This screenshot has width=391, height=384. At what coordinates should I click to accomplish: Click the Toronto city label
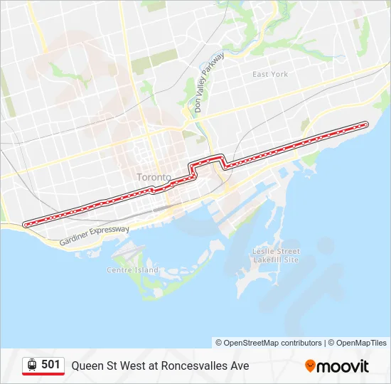pyautogui.click(x=154, y=176)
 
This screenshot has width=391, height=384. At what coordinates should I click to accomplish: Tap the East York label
pyautogui.click(x=270, y=74)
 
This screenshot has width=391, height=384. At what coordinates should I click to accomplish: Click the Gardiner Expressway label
pyautogui.click(x=95, y=235)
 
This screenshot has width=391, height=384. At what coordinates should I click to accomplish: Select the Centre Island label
pyautogui.click(x=132, y=270)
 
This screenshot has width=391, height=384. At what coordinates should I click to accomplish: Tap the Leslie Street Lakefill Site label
pyautogui.click(x=277, y=255)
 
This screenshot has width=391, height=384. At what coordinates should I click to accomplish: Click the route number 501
pyautogui.click(x=50, y=365)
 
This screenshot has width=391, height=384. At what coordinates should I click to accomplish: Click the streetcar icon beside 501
pyautogui.click(x=32, y=365)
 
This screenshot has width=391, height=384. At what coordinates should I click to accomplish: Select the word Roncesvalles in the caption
pyautogui.click(x=186, y=366)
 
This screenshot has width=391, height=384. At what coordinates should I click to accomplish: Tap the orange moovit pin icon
pyautogui.click(x=311, y=366)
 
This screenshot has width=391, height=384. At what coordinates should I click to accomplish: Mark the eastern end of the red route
pyautogui.click(x=367, y=124)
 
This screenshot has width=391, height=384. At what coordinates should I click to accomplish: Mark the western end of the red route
pyautogui.click(x=26, y=224)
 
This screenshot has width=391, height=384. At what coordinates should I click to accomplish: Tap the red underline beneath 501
pyautogui.click(x=43, y=374)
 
